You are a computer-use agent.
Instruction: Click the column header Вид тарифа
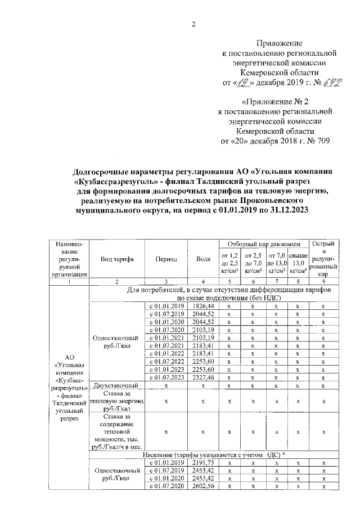[116, 259]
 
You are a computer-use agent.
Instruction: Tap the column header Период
[166, 259]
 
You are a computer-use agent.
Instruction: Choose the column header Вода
[203, 259]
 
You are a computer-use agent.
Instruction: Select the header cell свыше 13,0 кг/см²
[298, 263]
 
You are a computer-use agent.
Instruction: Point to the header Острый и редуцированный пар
[323, 259]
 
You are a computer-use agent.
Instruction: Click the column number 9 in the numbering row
[323, 281]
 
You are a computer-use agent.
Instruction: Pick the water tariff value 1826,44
[203, 305]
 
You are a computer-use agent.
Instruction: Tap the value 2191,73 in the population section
[203, 461]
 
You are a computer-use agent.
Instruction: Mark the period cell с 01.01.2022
[166, 353]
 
